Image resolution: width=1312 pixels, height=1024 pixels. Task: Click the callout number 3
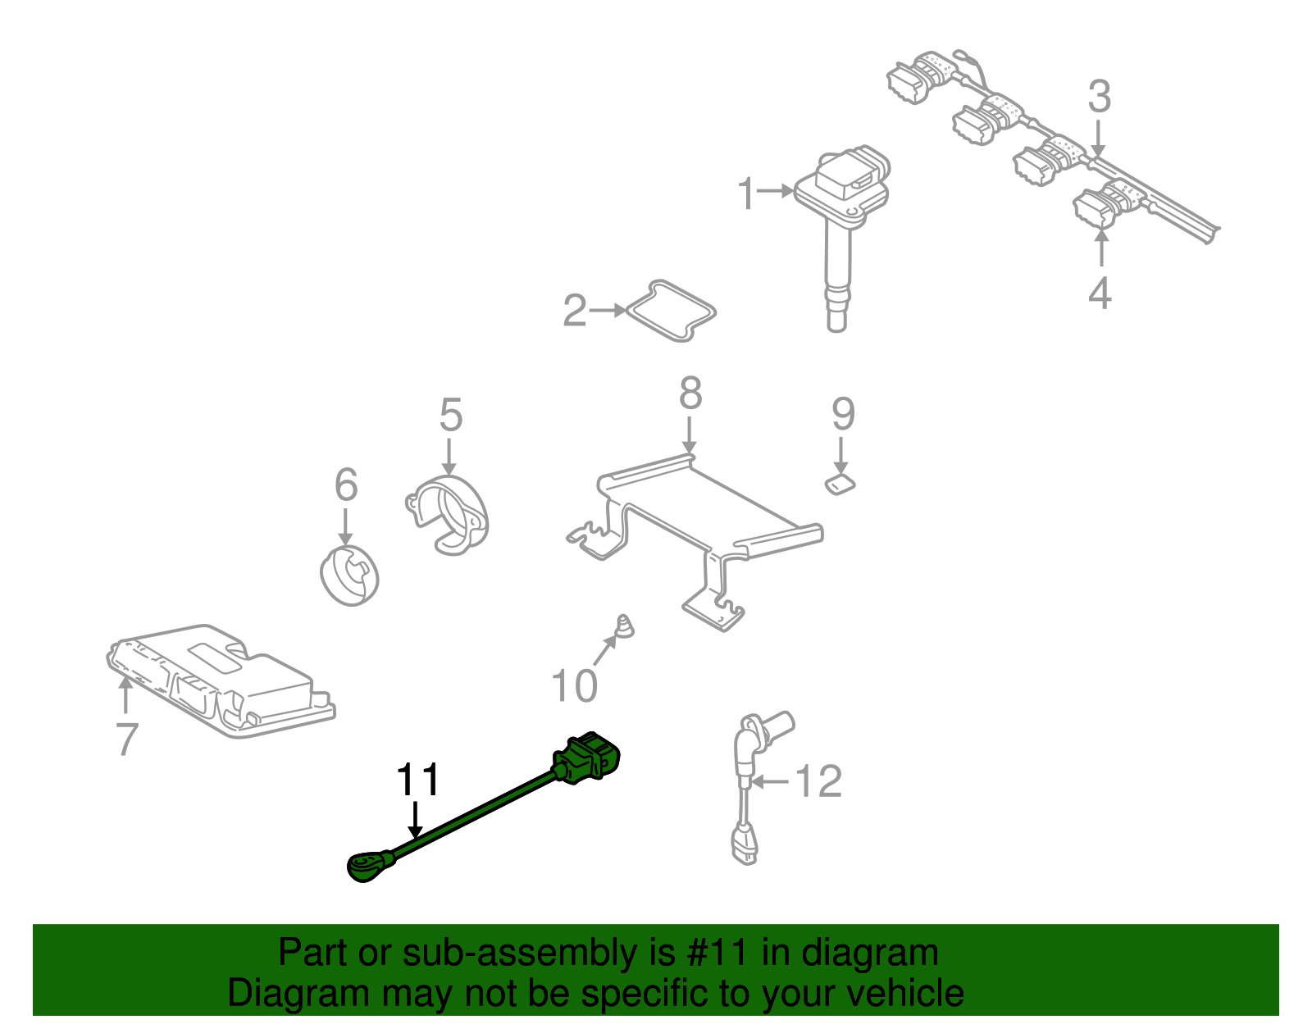1099,97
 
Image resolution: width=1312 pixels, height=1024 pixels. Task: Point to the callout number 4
1099,294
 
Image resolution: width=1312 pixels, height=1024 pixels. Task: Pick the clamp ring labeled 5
449,515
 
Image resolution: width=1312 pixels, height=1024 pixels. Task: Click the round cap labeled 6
350,574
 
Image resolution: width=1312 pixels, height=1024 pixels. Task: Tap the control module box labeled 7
221,680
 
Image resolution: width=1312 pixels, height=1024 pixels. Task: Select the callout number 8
690,394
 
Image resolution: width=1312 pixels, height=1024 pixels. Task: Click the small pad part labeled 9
840,485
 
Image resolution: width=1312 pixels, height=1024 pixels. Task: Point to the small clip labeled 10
624,627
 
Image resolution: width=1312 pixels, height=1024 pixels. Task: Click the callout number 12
818,781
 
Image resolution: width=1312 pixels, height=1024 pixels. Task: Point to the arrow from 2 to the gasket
607,311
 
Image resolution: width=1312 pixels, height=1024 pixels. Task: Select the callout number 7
126,739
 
